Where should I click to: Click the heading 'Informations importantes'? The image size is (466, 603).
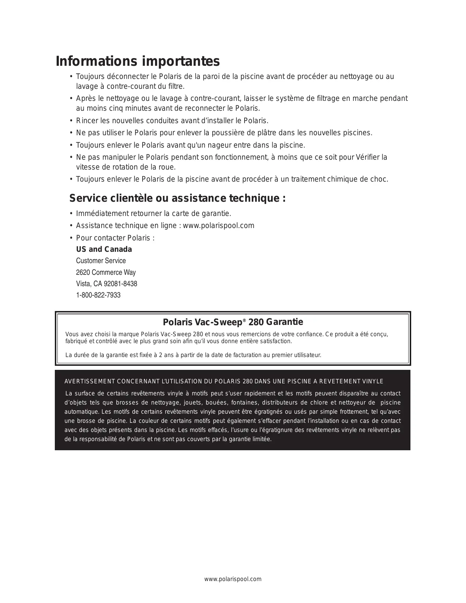tap(138, 61)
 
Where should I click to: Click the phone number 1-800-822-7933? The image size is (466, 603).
tap(98, 295)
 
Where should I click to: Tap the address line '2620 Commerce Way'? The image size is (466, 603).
tap(106, 272)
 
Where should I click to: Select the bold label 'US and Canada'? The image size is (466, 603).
tap(104, 249)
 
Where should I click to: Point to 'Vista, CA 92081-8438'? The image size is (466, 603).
tap(106, 284)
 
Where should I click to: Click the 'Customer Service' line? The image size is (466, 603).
tap(101, 261)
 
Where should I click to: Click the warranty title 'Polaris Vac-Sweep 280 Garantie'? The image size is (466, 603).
tap(233, 322)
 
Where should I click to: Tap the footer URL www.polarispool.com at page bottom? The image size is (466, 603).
tap(233, 579)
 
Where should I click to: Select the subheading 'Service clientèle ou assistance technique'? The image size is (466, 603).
tap(178, 198)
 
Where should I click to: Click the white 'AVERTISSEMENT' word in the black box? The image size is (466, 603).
tap(90, 382)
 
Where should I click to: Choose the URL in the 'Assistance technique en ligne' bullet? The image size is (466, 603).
tap(219, 225)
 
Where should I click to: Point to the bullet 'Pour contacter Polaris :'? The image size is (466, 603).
tap(115, 238)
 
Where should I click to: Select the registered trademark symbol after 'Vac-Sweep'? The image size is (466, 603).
tap(244, 320)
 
